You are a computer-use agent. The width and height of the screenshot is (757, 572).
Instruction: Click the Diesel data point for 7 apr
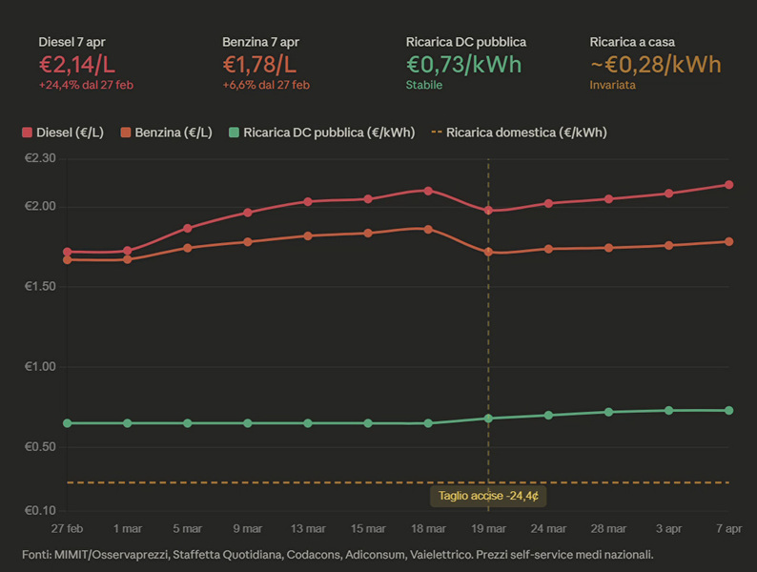tap(728, 185)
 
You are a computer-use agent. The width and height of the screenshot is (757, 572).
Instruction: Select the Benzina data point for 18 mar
tap(428, 229)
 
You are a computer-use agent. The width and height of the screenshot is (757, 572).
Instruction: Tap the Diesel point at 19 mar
tap(488, 211)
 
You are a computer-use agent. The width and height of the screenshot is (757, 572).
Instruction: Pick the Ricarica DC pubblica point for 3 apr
tap(668, 411)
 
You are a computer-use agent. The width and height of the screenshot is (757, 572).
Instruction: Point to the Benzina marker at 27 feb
tap(67, 259)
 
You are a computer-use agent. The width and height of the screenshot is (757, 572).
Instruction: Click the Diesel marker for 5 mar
tap(188, 228)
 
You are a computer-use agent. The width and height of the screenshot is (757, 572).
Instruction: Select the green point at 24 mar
tap(548, 416)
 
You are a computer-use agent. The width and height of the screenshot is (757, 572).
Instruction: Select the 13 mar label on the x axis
tap(308, 528)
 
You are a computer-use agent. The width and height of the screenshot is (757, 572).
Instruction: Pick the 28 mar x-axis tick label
tap(608, 528)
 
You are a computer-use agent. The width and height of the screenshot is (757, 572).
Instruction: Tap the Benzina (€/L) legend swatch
tap(126, 133)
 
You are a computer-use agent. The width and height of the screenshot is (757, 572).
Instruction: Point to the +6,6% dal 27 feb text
tap(266, 85)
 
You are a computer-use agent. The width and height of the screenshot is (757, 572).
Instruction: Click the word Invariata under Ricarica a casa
tap(613, 85)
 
